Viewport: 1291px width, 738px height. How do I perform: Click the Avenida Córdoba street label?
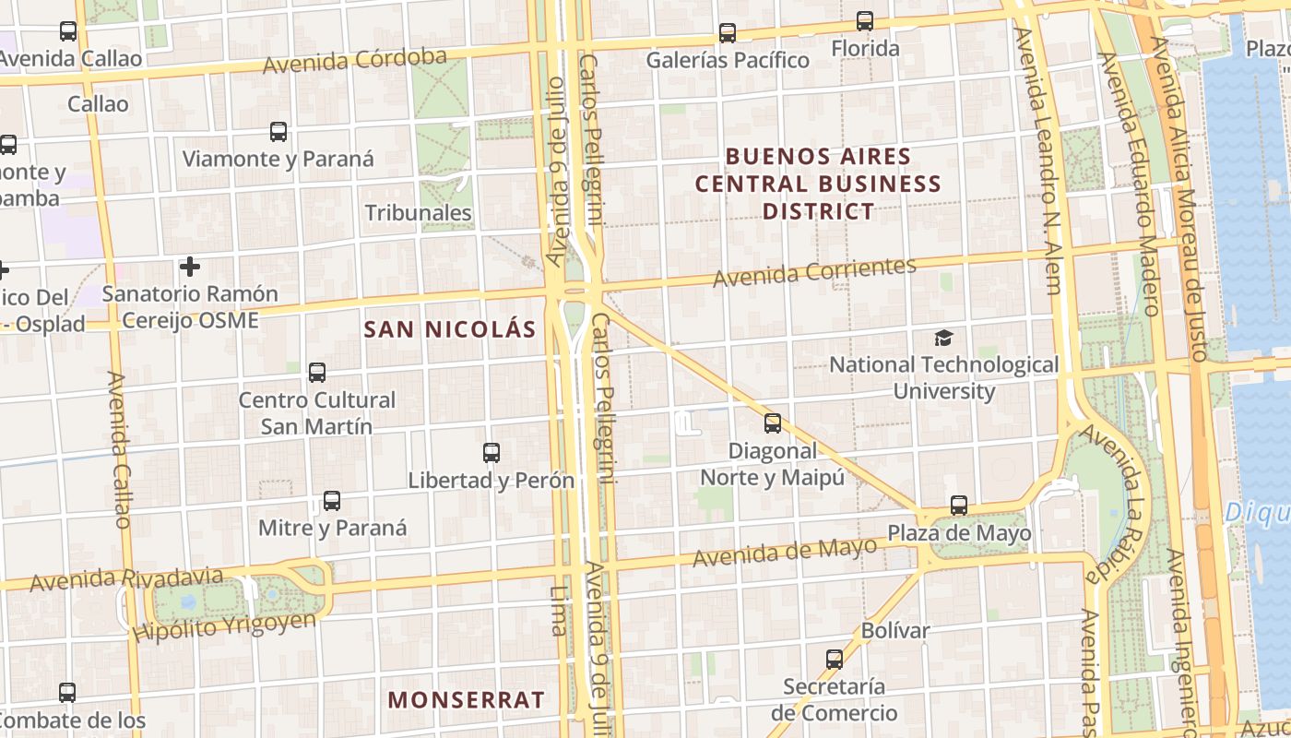click(x=355, y=61)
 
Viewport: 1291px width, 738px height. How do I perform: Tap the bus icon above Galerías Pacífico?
click(x=728, y=33)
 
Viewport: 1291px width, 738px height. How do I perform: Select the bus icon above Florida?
click(x=865, y=20)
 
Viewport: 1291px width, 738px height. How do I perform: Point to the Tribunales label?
click(x=419, y=212)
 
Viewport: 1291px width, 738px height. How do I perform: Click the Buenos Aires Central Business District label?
click(x=818, y=184)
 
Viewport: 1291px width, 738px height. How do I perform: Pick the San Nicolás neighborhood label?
click(x=450, y=329)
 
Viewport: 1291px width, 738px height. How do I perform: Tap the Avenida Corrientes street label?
click(x=815, y=271)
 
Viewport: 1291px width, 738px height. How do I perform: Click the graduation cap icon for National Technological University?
click(x=943, y=338)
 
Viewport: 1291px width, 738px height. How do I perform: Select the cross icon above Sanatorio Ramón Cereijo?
click(x=190, y=268)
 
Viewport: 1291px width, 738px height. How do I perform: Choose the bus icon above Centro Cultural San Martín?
click(x=317, y=373)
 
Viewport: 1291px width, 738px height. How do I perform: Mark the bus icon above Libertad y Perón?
click(x=492, y=453)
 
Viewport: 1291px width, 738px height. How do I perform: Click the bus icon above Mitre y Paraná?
click(x=332, y=501)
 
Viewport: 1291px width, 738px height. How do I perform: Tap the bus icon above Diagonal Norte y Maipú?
click(x=773, y=423)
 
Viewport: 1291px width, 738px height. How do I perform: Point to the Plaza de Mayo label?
click(x=959, y=533)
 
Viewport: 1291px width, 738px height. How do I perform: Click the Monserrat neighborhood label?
click(x=466, y=699)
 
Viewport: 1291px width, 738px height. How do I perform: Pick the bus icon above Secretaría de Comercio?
click(x=835, y=660)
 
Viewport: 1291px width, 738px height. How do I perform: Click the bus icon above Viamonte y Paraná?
click(x=278, y=132)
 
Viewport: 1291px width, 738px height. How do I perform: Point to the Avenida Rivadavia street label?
click(x=126, y=580)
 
